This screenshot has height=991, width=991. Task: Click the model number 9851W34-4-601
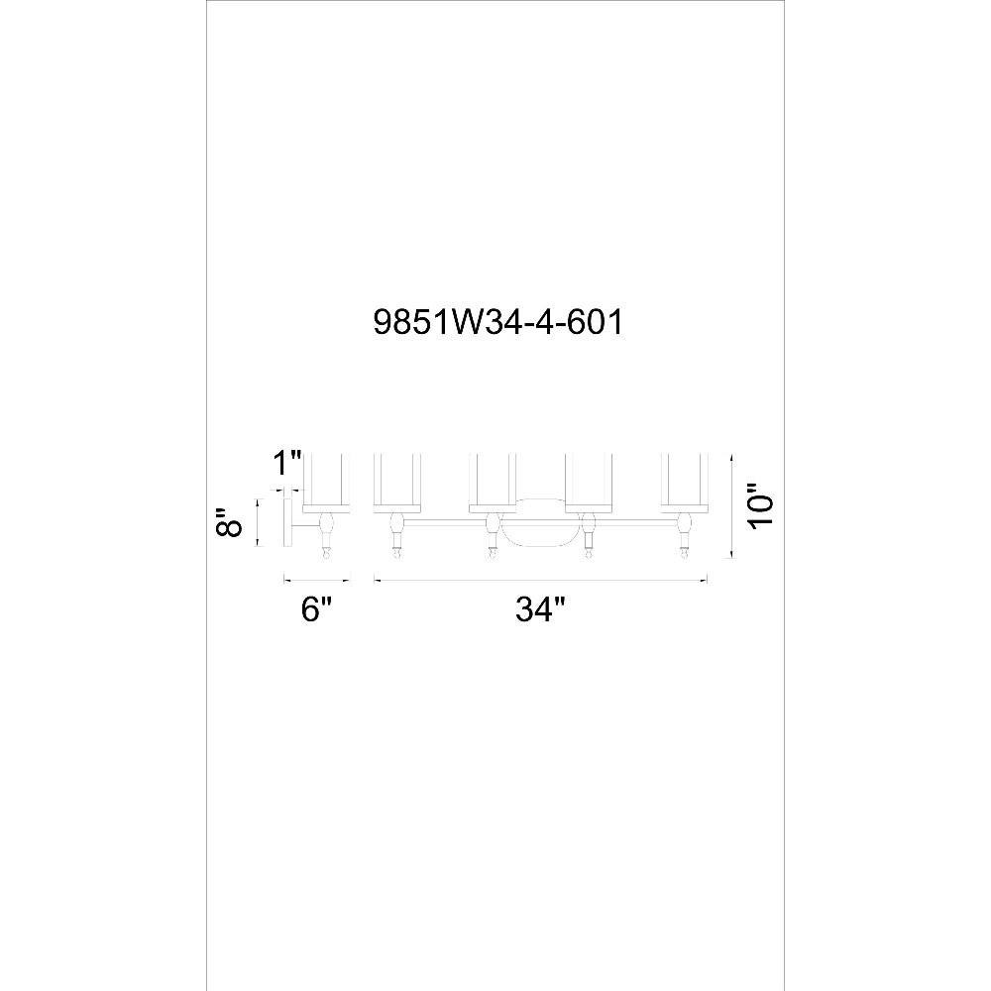click(x=498, y=323)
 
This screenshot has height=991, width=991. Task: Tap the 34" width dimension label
click(x=540, y=609)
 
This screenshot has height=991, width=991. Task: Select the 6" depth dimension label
click(x=316, y=609)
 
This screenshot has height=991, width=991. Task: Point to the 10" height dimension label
click(x=760, y=505)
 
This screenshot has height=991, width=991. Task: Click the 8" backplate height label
click(x=229, y=522)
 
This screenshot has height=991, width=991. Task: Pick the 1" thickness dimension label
click(x=287, y=464)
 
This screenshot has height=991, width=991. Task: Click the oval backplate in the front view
click(x=540, y=522)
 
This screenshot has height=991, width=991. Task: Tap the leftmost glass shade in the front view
click(x=397, y=482)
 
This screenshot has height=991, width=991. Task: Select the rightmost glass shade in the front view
click(x=684, y=482)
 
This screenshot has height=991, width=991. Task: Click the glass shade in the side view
click(x=327, y=482)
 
